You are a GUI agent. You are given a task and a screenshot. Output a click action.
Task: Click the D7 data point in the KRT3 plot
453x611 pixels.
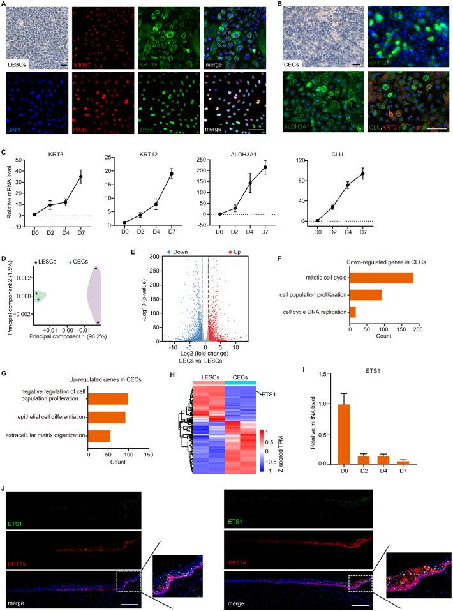click(81, 176)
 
